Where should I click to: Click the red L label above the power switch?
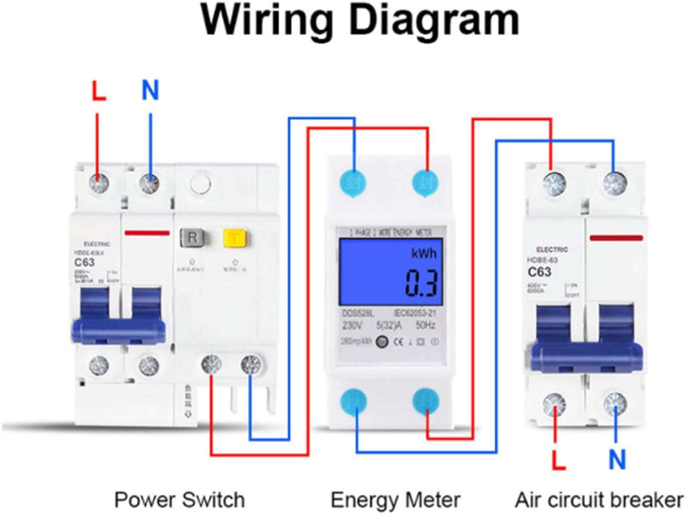point(99,91)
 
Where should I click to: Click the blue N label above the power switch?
point(150,90)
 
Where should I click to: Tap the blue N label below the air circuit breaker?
point(617,459)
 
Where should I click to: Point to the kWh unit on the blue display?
point(423,253)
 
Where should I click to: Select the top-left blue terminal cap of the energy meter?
point(353,183)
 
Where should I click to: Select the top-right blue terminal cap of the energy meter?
point(426,183)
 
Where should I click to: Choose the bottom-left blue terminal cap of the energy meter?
point(353,402)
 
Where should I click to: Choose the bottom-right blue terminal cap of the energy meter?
point(426,401)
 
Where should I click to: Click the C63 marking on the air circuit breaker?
point(539,272)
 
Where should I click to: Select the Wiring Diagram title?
point(359,20)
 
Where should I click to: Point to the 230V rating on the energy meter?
point(352,326)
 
